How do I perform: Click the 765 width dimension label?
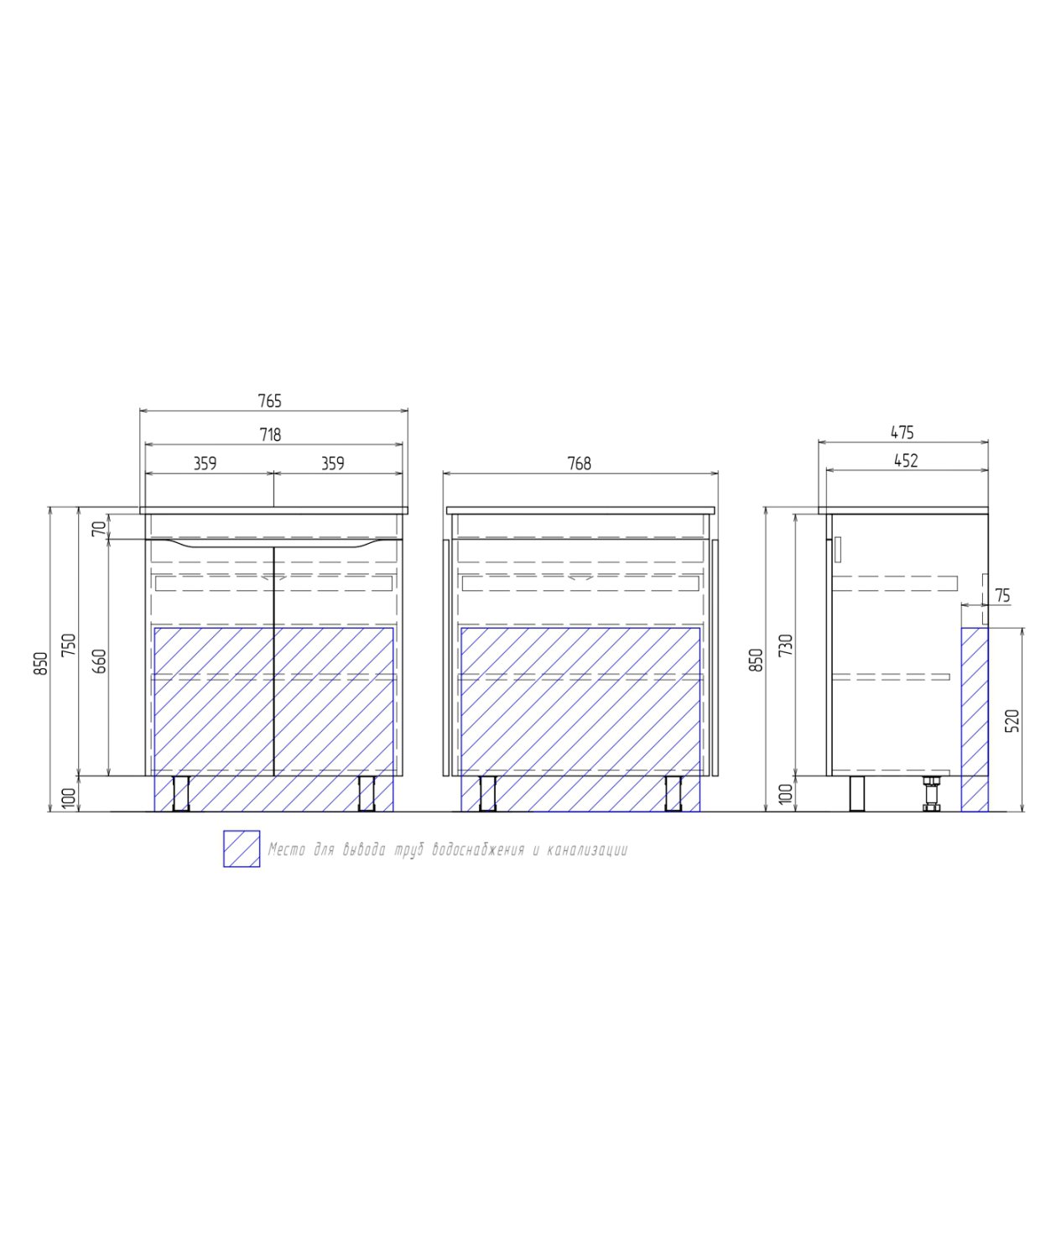269,401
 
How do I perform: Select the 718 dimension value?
270,435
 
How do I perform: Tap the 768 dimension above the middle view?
579,463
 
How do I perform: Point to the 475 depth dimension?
902,433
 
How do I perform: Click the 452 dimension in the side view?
906,461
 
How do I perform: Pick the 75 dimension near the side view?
1002,596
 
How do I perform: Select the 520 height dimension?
1013,721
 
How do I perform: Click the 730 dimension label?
788,645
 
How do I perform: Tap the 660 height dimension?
100,661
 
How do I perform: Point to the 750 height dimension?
70,645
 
